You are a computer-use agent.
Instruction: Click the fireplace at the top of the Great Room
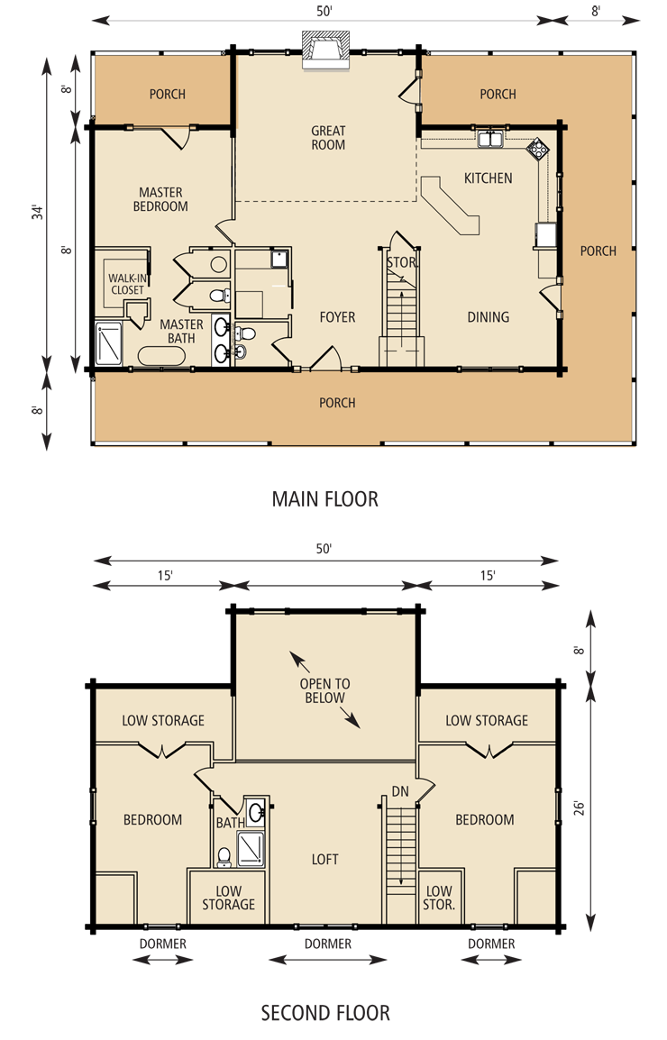tap(326, 47)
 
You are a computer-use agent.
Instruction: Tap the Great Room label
tap(328, 138)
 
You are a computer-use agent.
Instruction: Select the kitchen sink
tap(491, 140)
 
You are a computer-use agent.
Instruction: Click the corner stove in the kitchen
tap(538, 148)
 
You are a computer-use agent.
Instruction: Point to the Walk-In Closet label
tap(126, 284)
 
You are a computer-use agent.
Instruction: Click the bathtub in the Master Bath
tap(162, 356)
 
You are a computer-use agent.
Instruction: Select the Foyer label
tap(337, 317)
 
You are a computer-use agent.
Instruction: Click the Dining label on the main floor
tap(488, 317)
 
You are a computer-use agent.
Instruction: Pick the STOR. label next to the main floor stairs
tap(401, 262)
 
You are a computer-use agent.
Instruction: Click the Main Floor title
tap(324, 498)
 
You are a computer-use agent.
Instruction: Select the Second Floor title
tap(325, 1013)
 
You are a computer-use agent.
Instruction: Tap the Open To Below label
tap(324, 690)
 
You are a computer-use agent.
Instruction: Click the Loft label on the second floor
tap(324, 860)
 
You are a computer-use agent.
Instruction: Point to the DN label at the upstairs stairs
tap(400, 791)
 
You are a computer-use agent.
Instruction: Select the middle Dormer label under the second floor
tap(327, 944)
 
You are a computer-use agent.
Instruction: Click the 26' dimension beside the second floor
tap(578, 810)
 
